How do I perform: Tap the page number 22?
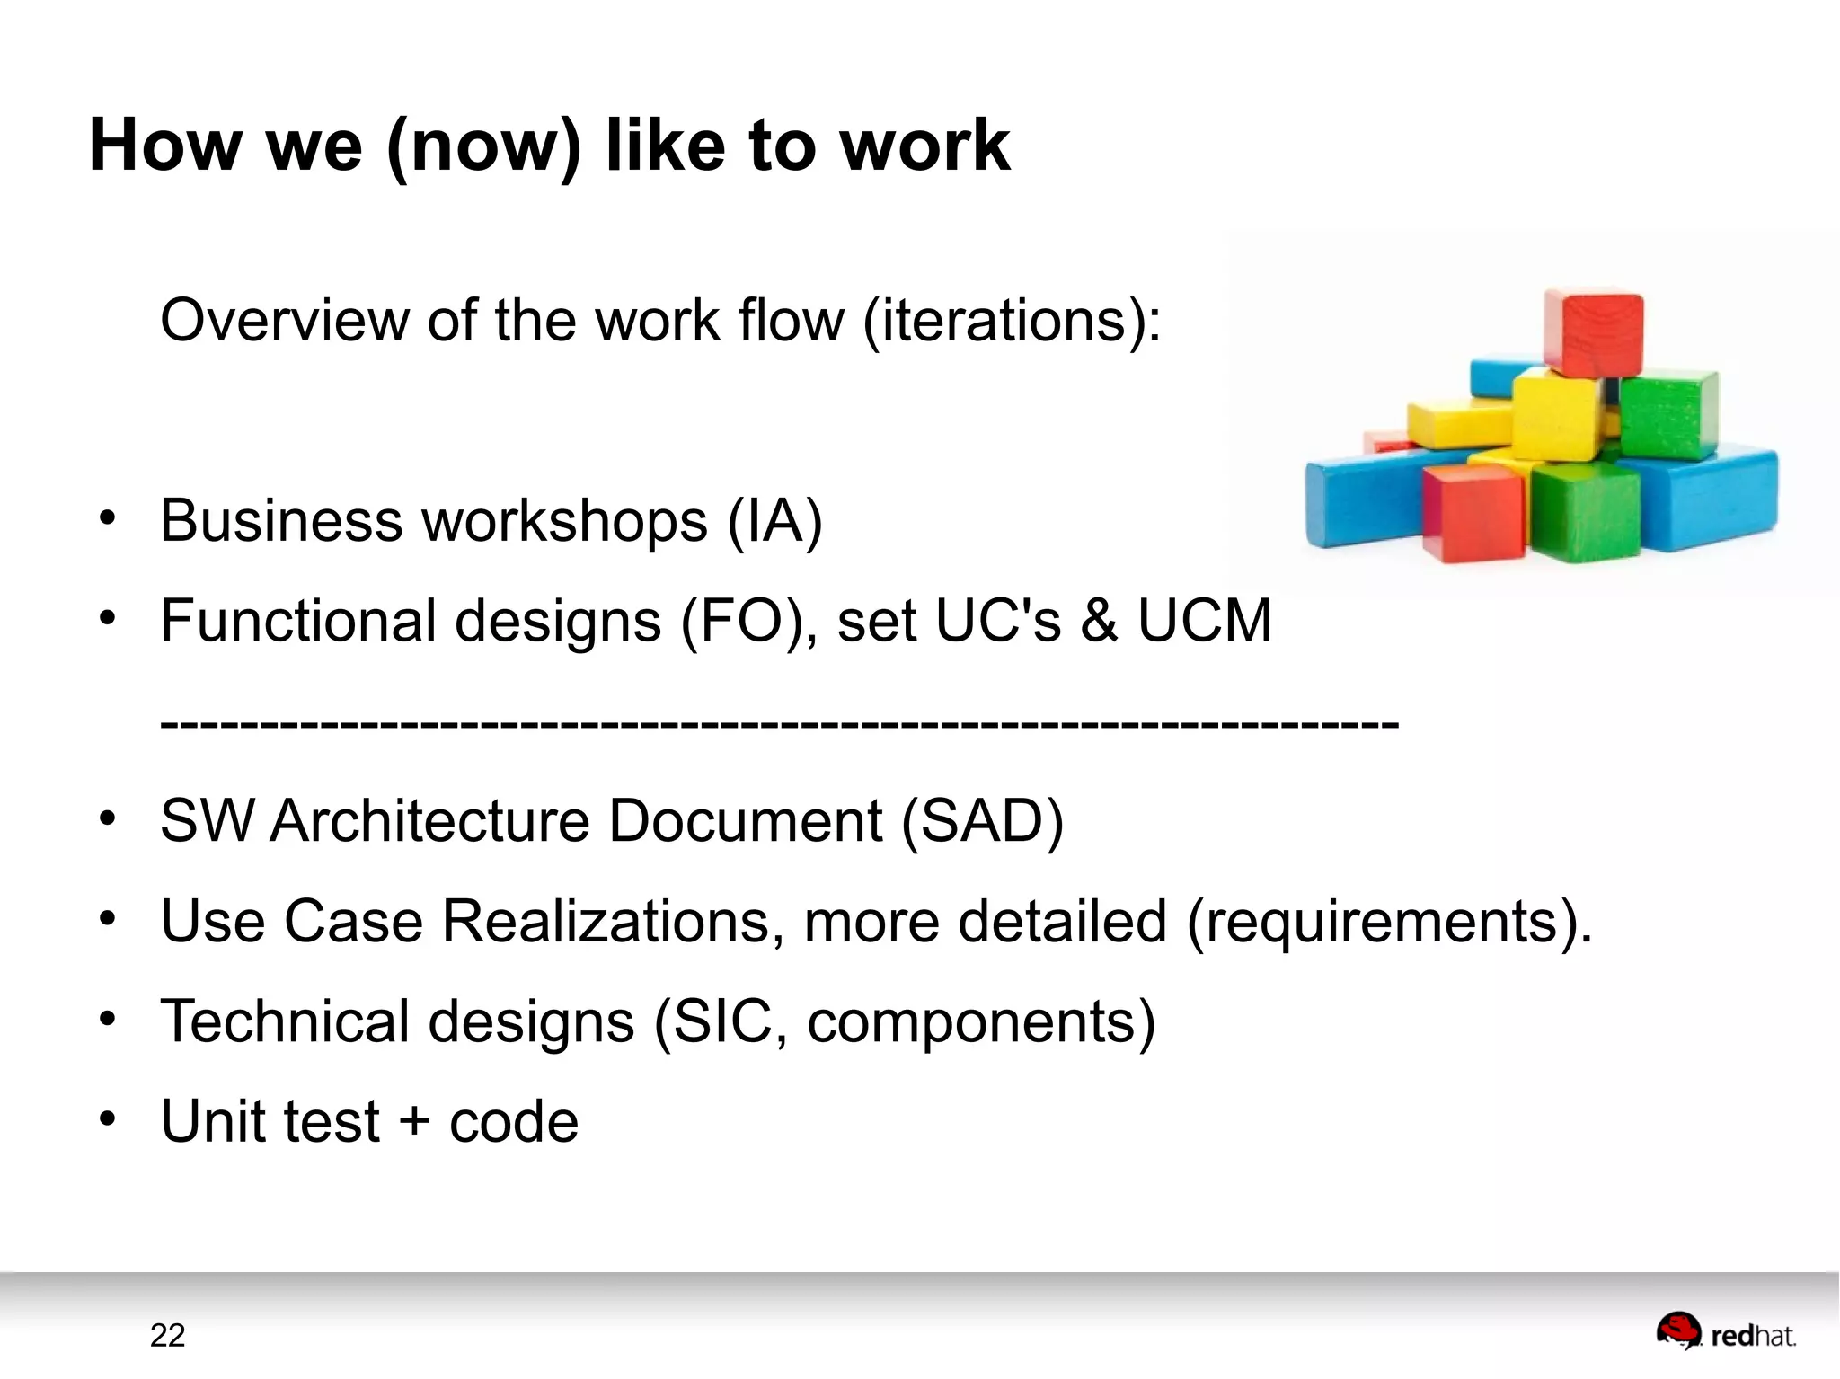pos(167,1336)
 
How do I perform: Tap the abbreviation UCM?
pos(1205,621)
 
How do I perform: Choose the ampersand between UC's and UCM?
pos(1100,621)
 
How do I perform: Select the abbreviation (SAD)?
pos(982,821)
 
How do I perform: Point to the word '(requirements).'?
pos(1389,922)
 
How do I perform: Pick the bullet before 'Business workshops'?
pos(108,518)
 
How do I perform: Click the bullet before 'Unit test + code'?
pos(108,1119)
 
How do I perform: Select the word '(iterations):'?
pos(1012,321)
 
